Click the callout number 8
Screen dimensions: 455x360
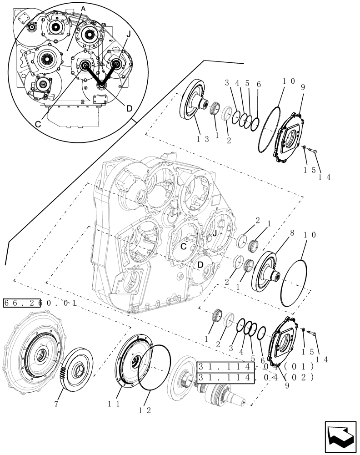point(292,233)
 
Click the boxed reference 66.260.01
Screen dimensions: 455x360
point(40,303)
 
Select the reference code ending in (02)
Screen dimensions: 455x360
point(254,377)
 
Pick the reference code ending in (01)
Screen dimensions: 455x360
point(254,367)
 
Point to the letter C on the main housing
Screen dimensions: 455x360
point(184,246)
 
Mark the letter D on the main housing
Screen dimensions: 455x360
point(200,264)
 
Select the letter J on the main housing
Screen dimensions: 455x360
point(213,233)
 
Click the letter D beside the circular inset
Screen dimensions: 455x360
point(129,108)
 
